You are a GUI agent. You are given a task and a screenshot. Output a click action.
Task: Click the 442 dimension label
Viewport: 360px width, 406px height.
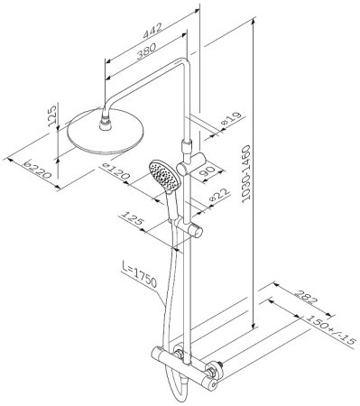coord(152,31)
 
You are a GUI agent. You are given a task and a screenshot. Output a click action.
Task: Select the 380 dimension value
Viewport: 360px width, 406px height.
coord(146,51)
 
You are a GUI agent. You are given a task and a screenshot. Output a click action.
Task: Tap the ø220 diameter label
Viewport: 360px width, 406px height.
coord(38,169)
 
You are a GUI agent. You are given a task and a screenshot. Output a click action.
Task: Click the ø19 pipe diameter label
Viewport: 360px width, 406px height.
coord(231,119)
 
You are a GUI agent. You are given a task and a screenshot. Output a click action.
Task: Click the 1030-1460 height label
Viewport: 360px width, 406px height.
coord(246,172)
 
